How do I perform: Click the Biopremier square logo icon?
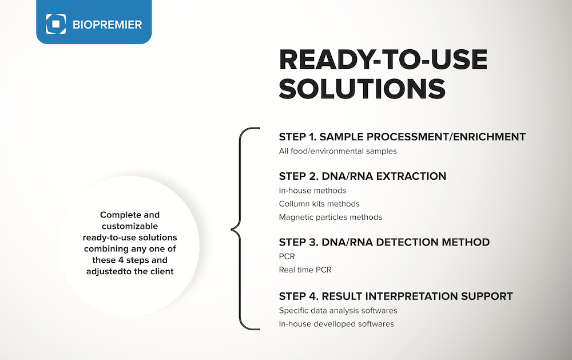click(x=56, y=24)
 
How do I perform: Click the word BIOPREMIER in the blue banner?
click(x=108, y=25)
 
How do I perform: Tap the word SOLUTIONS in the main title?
click(x=362, y=89)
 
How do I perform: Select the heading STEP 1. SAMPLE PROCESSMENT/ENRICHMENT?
click(x=402, y=137)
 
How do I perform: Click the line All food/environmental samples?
click(x=338, y=151)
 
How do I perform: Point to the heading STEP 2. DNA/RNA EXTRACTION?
click(x=363, y=176)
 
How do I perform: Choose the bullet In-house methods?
click(x=313, y=191)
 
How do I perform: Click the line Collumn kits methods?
click(x=319, y=204)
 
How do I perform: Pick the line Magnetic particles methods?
click(x=331, y=217)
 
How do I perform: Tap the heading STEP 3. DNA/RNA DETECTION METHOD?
click(x=384, y=243)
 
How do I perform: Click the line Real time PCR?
click(x=305, y=270)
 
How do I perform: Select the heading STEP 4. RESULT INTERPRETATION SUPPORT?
click(x=396, y=296)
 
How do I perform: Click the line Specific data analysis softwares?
click(x=338, y=311)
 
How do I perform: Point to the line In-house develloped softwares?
click(x=336, y=324)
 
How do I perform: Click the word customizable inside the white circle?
click(x=130, y=226)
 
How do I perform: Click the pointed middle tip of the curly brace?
click(x=231, y=230)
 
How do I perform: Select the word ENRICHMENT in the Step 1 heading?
click(x=489, y=137)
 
